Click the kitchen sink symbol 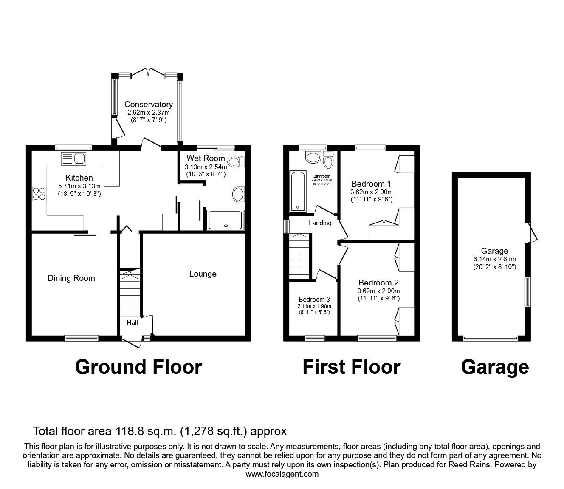click(74, 158)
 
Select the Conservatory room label click(148, 105)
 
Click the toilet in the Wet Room click(236, 161)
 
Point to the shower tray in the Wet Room click(225, 220)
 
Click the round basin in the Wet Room click(238, 195)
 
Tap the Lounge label click(203, 274)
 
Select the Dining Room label click(71, 278)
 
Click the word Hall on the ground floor click(132, 323)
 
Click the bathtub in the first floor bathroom click(297, 191)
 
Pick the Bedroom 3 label click(314, 299)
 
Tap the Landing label click(320, 223)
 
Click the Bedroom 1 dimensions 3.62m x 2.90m click(371, 192)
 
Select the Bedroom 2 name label click(378, 283)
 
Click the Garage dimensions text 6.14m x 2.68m click(494, 259)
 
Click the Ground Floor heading click(138, 367)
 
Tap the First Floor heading click(351, 367)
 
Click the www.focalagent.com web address click(282, 474)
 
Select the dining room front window click(81, 338)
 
